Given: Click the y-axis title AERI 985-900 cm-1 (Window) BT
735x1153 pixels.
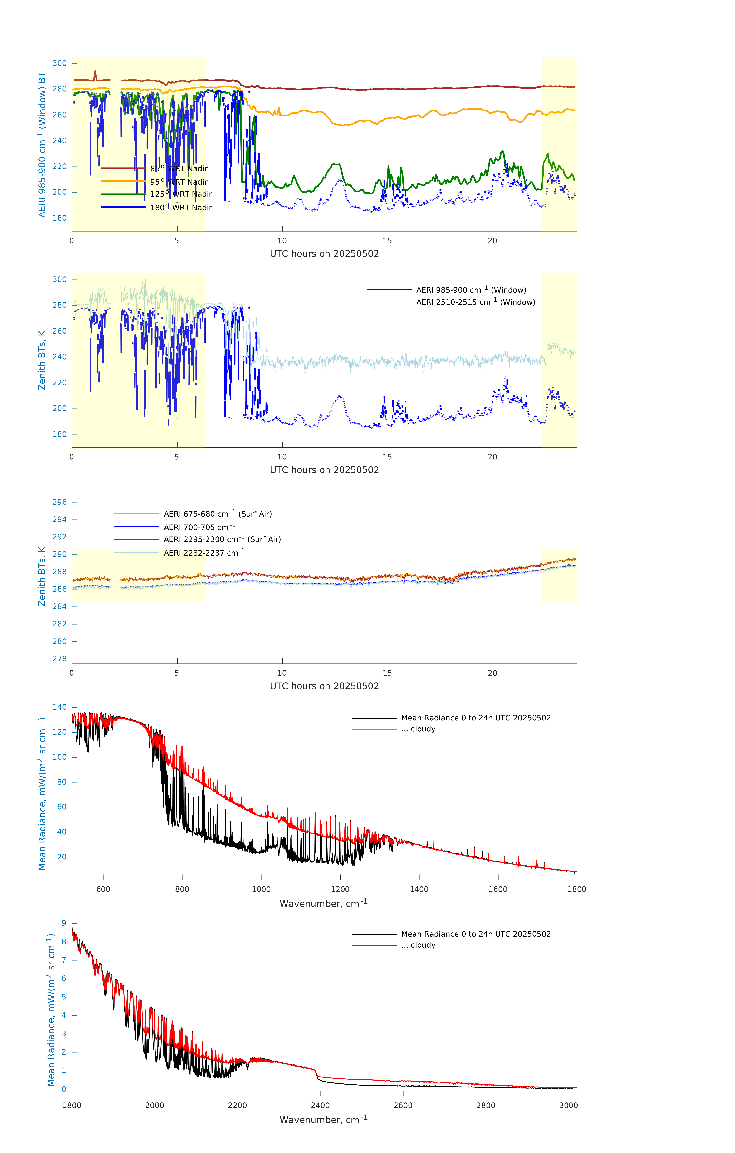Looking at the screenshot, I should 42,145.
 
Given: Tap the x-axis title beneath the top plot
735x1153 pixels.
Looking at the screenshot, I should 324,254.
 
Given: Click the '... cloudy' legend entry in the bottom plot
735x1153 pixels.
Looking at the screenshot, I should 423,945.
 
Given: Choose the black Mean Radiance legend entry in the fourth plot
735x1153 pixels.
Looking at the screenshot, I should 475,718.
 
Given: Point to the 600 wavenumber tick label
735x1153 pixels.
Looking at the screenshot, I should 103,889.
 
